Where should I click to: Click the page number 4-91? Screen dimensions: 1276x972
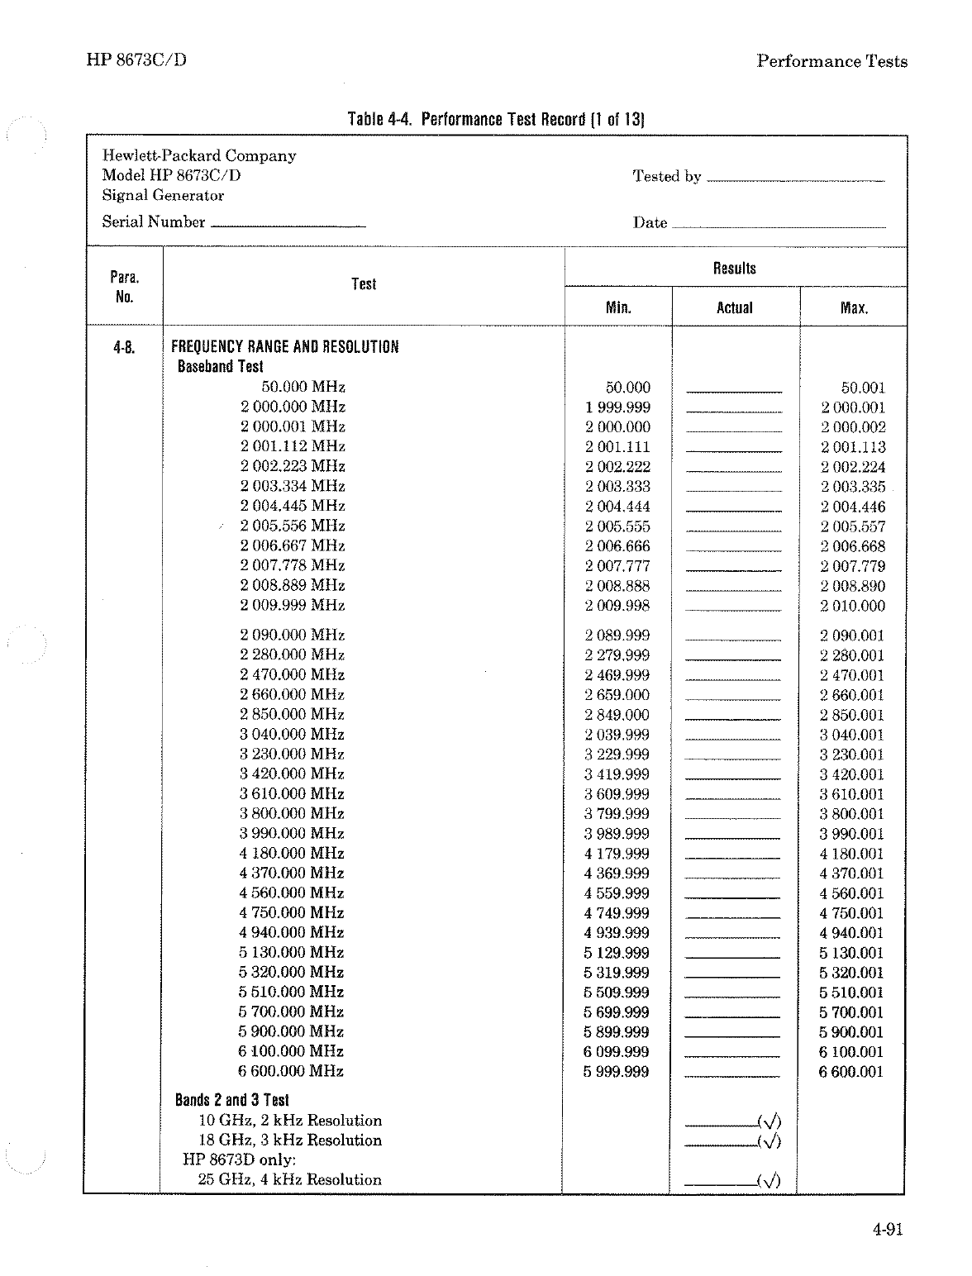pyautogui.click(x=887, y=1230)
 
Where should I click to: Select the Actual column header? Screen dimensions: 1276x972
pyautogui.click(x=734, y=308)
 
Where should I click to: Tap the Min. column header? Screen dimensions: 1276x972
pyautogui.click(x=618, y=308)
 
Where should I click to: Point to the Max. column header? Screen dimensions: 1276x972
pyautogui.click(x=854, y=308)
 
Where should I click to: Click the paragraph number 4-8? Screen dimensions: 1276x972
pyautogui.click(x=125, y=347)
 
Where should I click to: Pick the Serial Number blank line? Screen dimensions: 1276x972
pyautogui.click(x=288, y=225)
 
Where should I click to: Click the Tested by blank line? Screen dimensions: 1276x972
pyautogui.click(x=795, y=179)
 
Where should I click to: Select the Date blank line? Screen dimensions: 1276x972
pyautogui.click(x=779, y=226)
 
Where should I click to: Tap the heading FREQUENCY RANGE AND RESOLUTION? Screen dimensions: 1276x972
pyautogui.click(x=284, y=347)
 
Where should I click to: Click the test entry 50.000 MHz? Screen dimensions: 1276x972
pyautogui.click(x=303, y=387)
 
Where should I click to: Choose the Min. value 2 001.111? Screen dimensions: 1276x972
pyautogui.click(x=617, y=447)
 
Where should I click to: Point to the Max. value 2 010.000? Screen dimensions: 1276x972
pyautogui.click(x=852, y=606)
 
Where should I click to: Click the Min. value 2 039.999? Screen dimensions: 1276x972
pyautogui.click(x=617, y=735)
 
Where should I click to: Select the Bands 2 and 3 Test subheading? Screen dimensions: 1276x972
pyautogui.click(x=231, y=1100)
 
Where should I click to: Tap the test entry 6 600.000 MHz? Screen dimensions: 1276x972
pyautogui.click(x=291, y=1071)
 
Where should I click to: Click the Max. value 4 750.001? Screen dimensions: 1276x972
pyautogui.click(x=851, y=913)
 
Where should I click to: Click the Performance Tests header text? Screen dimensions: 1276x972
pyautogui.click(x=831, y=61)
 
